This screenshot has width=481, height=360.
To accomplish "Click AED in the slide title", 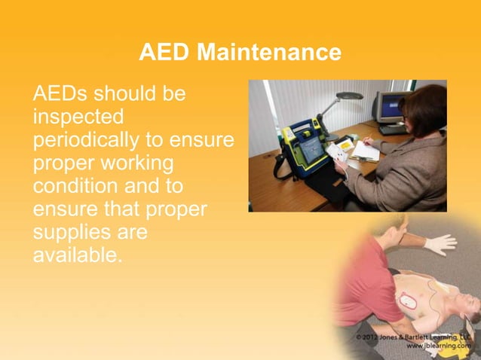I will (x=162, y=53).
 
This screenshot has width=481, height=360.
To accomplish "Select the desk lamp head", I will (x=349, y=96).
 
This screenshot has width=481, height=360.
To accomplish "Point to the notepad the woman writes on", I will (x=366, y=151).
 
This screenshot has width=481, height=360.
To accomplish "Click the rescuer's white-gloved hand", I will (x=440, y=243).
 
